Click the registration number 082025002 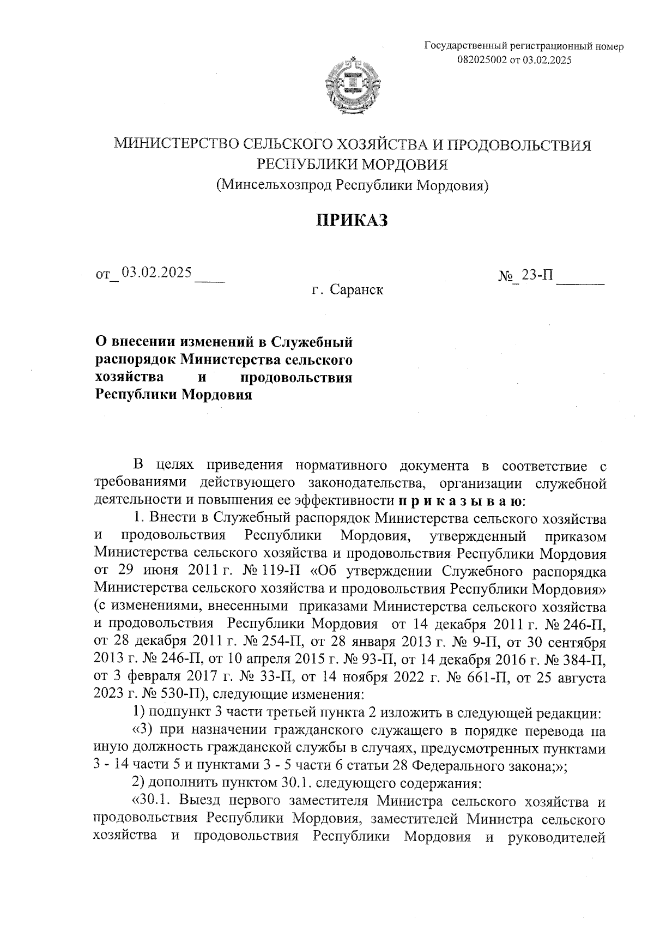pos(482,60)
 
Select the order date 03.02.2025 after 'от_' pos(156,273)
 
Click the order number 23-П pos(537,275)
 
